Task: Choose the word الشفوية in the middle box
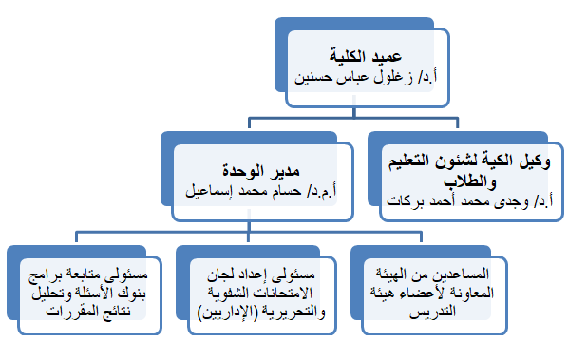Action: (x=235, y=294)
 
